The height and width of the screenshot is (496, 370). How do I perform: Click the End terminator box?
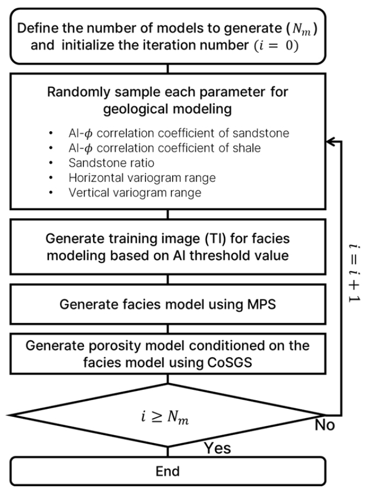coord(168,470)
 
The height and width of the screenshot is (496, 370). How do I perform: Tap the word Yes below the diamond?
coord(217,448)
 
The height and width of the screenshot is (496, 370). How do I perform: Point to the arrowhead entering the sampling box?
coord(329,140)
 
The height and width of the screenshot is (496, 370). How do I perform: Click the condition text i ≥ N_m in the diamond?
coord(168,418)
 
